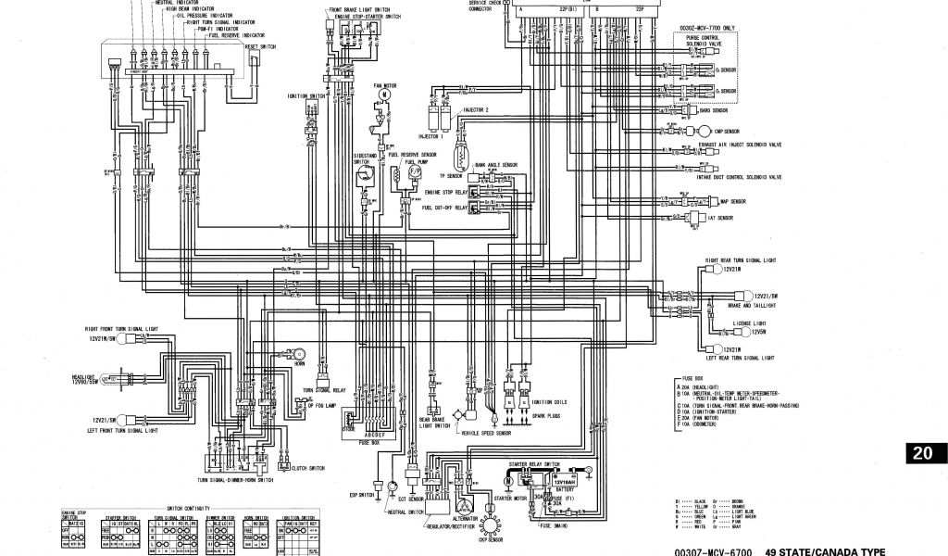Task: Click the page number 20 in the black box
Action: pyautogui.click(x=923, y=453)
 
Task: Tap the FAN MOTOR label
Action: pyautogui.click(x=383, y=85)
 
